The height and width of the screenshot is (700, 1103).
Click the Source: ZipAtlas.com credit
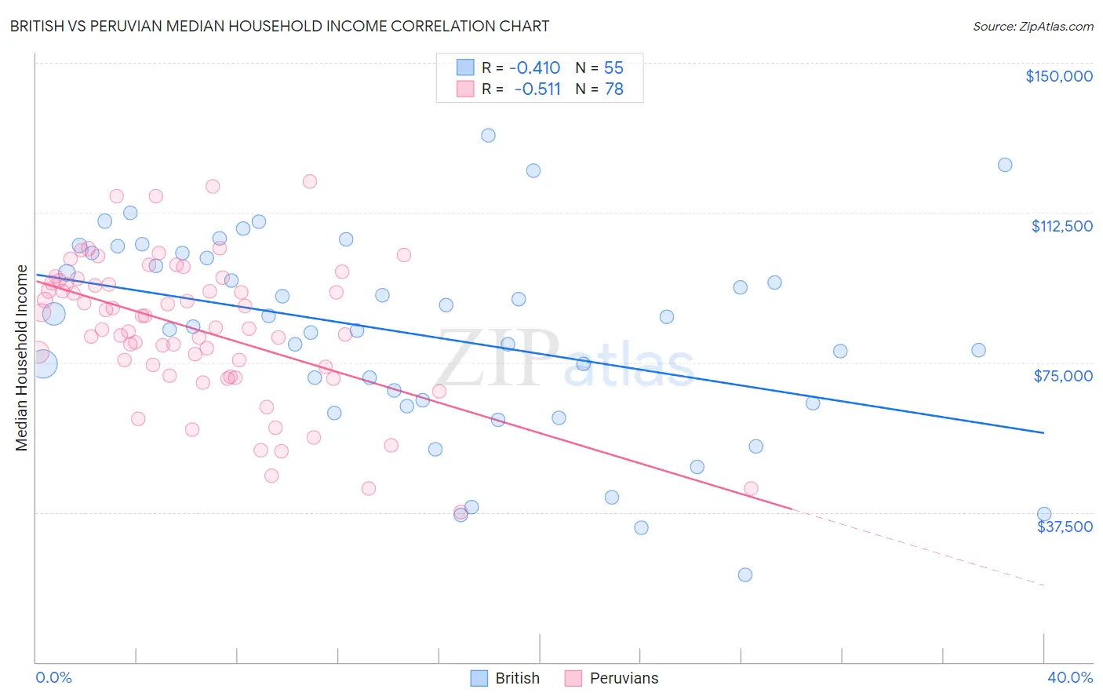click(1032, 26)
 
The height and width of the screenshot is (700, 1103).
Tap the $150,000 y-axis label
click(1058, 76)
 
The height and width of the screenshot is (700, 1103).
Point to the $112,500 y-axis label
click(1061, 226)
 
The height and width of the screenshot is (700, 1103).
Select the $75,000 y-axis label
click(1063, 376)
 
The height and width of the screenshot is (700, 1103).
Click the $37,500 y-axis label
click(1065, 527)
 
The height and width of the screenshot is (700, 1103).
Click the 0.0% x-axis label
click(53, 677)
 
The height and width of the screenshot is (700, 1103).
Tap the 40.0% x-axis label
click(1069, 677)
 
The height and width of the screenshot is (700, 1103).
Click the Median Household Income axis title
click(22, 358)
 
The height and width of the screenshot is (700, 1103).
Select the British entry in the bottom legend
click(517, 678)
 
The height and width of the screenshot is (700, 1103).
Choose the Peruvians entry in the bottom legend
click(624, 678)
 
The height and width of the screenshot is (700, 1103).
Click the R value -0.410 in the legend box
click(534, 67)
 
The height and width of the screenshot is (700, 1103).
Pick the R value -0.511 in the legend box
click(537, 89)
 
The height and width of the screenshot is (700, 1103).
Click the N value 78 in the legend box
click(613, 89)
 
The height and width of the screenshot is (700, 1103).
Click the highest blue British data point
click(488, 135)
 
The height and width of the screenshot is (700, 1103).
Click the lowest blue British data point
click(745, 574)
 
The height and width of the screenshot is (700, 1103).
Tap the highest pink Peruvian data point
click(310, 181)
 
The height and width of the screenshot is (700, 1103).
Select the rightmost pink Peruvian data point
click(751, 489)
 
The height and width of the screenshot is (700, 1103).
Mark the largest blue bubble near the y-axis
click(42, 364)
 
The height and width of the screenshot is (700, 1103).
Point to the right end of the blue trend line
click(1043, 432)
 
